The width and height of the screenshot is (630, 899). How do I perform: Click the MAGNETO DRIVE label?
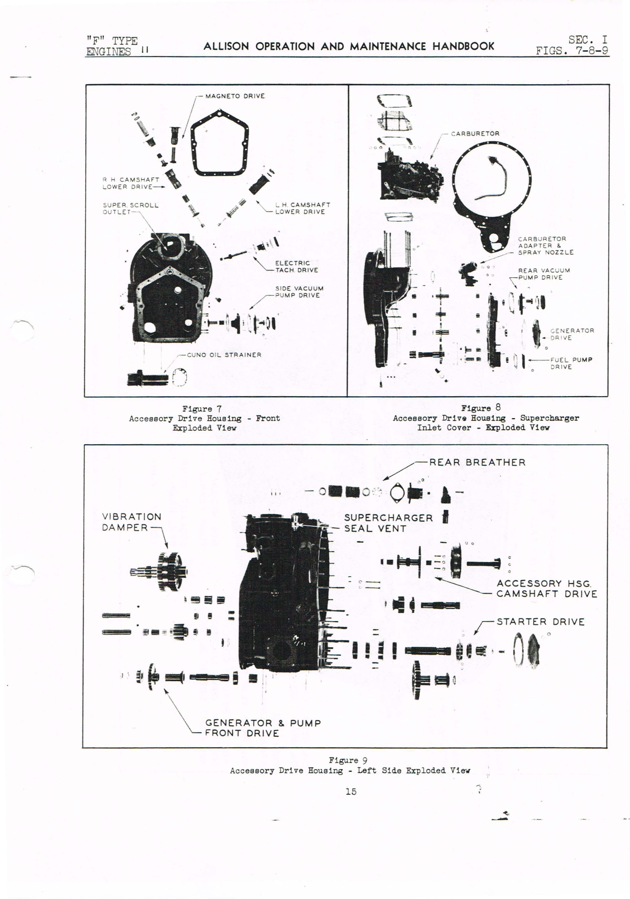[x=234, y=96]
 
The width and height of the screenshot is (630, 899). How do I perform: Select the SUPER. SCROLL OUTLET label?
[x=130, y=208]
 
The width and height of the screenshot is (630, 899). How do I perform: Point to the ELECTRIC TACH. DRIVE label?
[x=296, y=266]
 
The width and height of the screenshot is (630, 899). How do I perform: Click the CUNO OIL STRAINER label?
[x=224, y=355]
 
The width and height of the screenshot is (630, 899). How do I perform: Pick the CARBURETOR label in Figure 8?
[x=475, y=133]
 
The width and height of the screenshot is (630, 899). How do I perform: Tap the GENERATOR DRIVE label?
[x=571, y=334]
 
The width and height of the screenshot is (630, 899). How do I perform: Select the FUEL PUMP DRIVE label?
[x=570, y=363]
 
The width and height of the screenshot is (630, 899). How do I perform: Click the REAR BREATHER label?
[x=477, y=463]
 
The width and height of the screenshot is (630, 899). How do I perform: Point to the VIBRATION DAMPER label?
[x=131, y=522]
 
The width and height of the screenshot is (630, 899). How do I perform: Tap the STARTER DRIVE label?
[x=540, y=622]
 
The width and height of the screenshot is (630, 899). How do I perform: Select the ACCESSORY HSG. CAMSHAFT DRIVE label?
[x=546, y=589]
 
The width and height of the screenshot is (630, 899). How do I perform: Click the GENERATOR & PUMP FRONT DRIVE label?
[x=262, y=728]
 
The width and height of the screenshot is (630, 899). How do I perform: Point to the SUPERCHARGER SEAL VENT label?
[x=388, y=523]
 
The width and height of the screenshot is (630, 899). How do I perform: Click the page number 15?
[x=351, y=792]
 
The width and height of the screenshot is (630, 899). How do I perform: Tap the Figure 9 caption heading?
[x=344, y=760]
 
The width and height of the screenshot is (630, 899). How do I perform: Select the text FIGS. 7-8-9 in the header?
[x=572, y=51]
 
